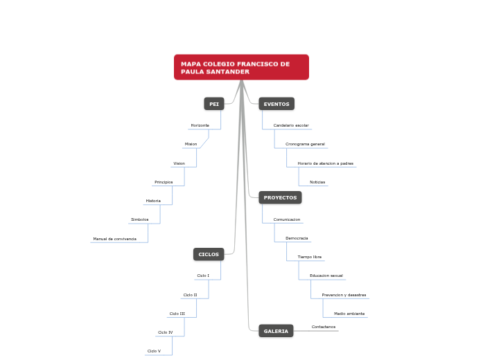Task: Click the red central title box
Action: click(x=241, y=67)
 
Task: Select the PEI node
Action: click(x=214, y=104)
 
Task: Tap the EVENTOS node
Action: click(x=276, y=104)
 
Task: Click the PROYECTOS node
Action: click(x=280, y=197)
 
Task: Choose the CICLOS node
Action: click(x=209, y=254)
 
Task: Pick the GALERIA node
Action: click(x=276, y=331)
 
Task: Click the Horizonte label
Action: click(x=200, y=125)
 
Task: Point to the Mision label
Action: click(x=191, y=144)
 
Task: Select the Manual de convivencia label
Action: click(x=114, y=239)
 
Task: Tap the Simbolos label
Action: click(x=139, y=219)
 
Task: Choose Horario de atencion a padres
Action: click(x=325, y=163)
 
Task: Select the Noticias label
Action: click(x=317, y=182)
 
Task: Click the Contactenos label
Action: click(x=324, y=327)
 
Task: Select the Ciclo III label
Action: click(x=177, y=314)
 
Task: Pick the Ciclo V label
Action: click(x=154, y=351)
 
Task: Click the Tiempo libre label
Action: click(x=309, y=257)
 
